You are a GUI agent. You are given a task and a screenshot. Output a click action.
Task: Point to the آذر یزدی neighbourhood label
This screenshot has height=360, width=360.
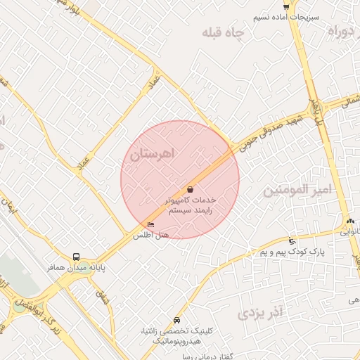coord(260,311)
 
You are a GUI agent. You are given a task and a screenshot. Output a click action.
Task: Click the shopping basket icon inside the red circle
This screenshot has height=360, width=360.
coord(191,189)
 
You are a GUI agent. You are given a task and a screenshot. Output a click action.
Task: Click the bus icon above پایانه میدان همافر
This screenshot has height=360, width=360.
coord(76,257)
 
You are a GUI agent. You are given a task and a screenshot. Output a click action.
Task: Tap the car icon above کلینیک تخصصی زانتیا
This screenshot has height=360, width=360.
coord(176,320)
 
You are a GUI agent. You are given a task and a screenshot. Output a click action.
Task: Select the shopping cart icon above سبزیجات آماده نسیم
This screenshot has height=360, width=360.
coord(285,6)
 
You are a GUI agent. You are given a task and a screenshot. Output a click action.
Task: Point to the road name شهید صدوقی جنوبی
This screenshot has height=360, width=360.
coord(264,134)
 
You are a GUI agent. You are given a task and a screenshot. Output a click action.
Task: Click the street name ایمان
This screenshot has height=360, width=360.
coord(11,206)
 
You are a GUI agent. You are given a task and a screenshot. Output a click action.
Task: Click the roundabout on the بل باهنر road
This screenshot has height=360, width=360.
coord(316,109)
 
